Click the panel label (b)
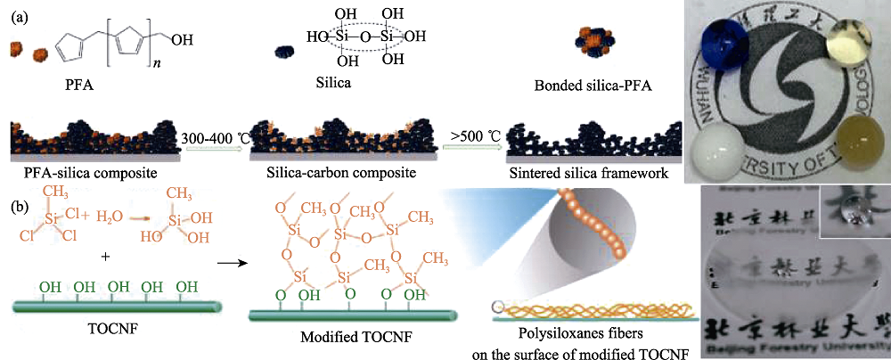point(21,207)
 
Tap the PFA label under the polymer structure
point(81,86)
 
